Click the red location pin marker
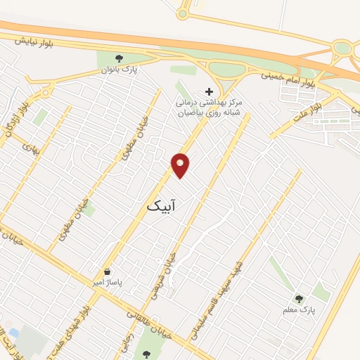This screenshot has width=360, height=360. (x=181, y=165)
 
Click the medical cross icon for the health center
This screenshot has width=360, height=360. (x=208, y=91)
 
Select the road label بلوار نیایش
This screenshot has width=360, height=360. (x=32, y=42)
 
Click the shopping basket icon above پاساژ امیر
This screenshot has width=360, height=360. (x=107, y=271)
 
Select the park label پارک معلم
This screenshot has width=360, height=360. (x=302, y=309)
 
